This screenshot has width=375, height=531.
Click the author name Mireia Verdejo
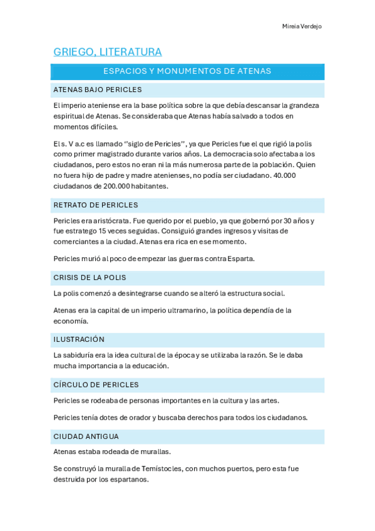pos(302,26)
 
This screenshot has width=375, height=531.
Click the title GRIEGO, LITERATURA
pos(108,52)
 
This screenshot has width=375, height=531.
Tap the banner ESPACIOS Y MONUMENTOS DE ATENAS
pos(187,71)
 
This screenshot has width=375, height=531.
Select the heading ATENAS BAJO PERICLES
pos(98,90)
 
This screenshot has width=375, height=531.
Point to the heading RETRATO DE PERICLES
pos(96,205)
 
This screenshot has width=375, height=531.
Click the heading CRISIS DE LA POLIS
pos(90,277)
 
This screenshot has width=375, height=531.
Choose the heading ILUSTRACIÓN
pos(79,339)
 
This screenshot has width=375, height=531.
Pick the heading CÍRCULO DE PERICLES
pos(96,384)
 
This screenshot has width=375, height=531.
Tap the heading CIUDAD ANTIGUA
pos(86,436)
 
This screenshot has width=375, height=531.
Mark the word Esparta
pos(241,259)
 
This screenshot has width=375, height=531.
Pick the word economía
pos(71,321)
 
